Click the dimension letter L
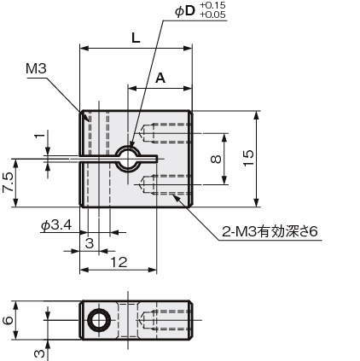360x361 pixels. pyautogui.click(x=136, y=38)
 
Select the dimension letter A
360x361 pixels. pyautogui.click(x=160, y=78)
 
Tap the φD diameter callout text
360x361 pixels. pyautogui.click(x=185, y=11)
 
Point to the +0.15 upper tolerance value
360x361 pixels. pyautogui.click(x=212, y=5)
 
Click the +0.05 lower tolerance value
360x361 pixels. pyautogui.click(x=212, y=15)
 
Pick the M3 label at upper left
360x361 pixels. pyautogui.click(x=36, y=68)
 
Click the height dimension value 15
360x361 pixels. pyautogui.click(x=248, y=158)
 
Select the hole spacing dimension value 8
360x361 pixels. pyautogui.click(x=216, y=159)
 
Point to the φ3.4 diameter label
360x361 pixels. pyautogui.click(x=56, y=225)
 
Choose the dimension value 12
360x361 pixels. pyautogui.click(x=119, y=262)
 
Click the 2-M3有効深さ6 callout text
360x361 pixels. pyautogui.click(x=270, y=232)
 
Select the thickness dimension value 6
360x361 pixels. pyautogui.click(x=8, y=320)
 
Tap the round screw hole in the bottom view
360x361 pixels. pyautogui.click(x=99, y=320)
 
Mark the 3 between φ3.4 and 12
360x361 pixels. pyautogui.click(x=90, y=243)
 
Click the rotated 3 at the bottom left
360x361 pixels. pyautogui.click(x=40, y=353)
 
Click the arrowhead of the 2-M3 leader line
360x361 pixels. pyautogui.click(x=177, y=198)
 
